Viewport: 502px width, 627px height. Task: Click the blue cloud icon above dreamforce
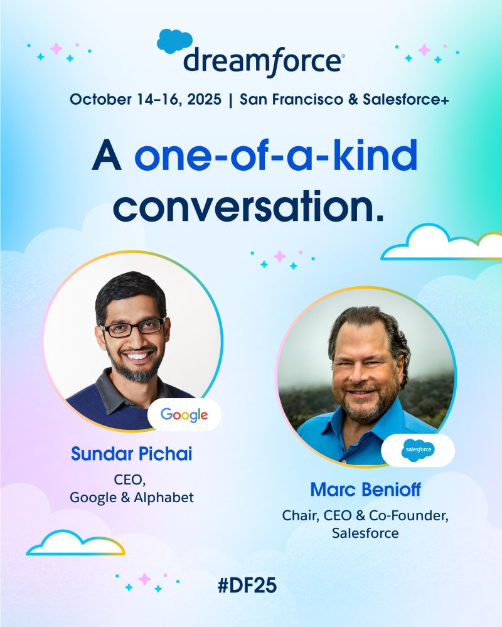tap(174, 41)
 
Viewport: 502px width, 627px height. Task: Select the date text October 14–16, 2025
tap(146, 99)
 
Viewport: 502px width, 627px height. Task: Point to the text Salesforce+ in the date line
tap(405, 99)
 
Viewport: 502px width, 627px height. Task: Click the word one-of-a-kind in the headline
tap(276, 155)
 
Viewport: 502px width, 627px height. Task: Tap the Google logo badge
tap(184, 415)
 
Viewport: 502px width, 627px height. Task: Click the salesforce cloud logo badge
tap(418, 450)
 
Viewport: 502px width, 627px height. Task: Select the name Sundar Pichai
tap(132, 454)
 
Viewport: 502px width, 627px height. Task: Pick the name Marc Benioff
tap(365, 490)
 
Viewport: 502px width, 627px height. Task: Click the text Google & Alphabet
tap(132, 498)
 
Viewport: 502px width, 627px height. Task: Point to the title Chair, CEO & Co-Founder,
tap(365, 516)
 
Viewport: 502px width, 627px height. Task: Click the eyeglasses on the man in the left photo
tap(132, 328)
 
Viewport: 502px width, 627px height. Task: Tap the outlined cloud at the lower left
tap(75, 544)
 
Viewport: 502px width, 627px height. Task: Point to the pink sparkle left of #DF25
tap(144, 579)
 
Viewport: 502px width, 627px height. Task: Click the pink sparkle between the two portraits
tap(279, 256)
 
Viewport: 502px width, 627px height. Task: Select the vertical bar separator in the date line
tap(231, 100)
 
